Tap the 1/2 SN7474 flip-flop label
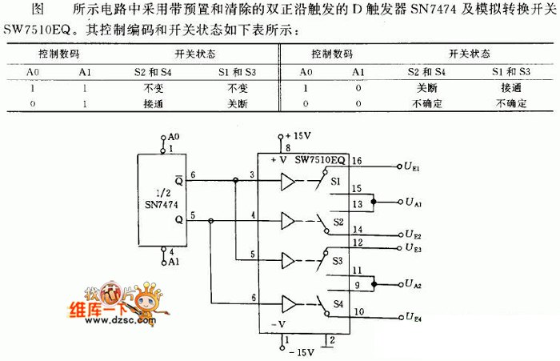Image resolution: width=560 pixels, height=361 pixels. tap(163, 199)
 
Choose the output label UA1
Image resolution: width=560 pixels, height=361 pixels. tap(414, 204)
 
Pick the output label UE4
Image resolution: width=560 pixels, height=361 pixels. tap(414, 319)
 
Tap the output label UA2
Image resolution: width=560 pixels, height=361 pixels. tap(414, 284)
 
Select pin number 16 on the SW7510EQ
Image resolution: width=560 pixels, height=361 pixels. tap(358, 161)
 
